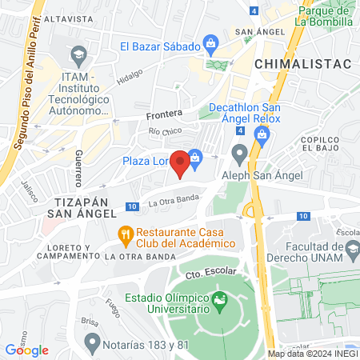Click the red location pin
[182, 162]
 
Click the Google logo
[26, 350]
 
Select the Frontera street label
[165, 114]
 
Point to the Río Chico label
[165, 130]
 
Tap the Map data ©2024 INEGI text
[311, 354]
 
